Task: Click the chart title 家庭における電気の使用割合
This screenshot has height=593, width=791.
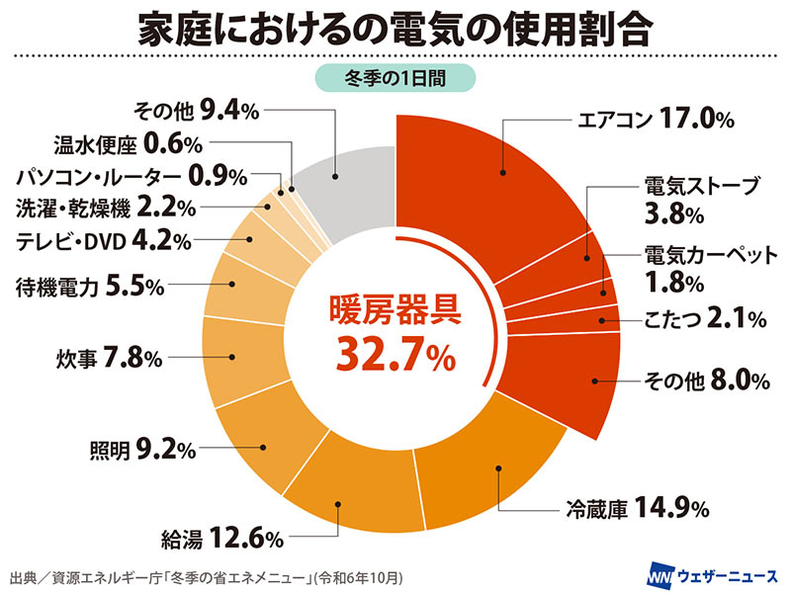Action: point(395,31)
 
